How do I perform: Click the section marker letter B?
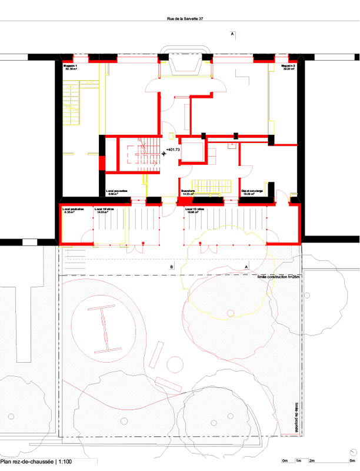[171, 267]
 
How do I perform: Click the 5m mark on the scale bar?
[352, 460]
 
